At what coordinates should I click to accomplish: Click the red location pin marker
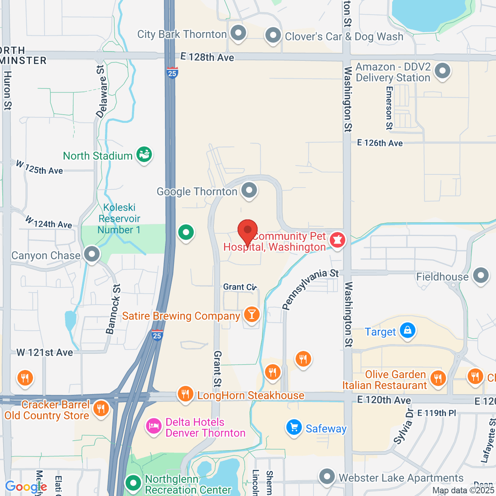point(248,231)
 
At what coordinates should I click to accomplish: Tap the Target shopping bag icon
point(408,331)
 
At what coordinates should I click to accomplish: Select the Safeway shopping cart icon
point(294,427)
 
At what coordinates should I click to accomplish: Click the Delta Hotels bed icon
point(154,426)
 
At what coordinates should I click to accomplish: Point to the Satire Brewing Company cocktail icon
point(251,315)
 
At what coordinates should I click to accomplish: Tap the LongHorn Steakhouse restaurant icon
point(185,394)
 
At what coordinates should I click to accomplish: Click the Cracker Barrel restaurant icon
point(101,409)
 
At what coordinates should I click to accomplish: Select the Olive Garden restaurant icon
point(438,378)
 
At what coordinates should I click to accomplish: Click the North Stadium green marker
point(144,155)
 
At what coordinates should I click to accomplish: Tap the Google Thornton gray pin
point(249,191)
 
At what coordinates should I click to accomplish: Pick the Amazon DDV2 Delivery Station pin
point(443,71)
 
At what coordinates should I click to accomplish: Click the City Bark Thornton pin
point(238,33)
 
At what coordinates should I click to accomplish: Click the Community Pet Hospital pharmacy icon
point(337,240)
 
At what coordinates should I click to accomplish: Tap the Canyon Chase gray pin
point(92,254)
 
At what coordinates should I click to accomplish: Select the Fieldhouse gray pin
point(481,275)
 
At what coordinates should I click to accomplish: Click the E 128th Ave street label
point(207,57)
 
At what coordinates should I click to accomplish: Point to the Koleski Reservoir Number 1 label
point(119,219)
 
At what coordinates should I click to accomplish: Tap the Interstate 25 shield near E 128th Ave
point(172,73)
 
